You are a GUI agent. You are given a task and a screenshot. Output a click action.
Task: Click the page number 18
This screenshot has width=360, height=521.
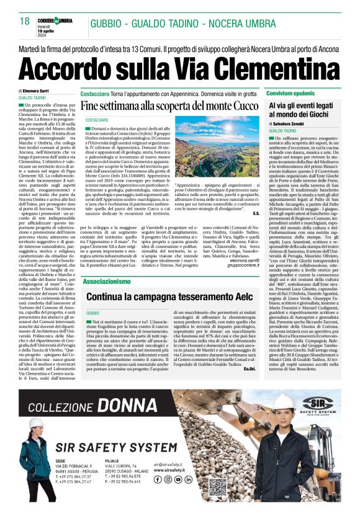(x=24, y=21)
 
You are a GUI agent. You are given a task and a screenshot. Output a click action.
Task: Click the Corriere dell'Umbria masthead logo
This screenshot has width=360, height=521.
(x=58, y=20)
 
